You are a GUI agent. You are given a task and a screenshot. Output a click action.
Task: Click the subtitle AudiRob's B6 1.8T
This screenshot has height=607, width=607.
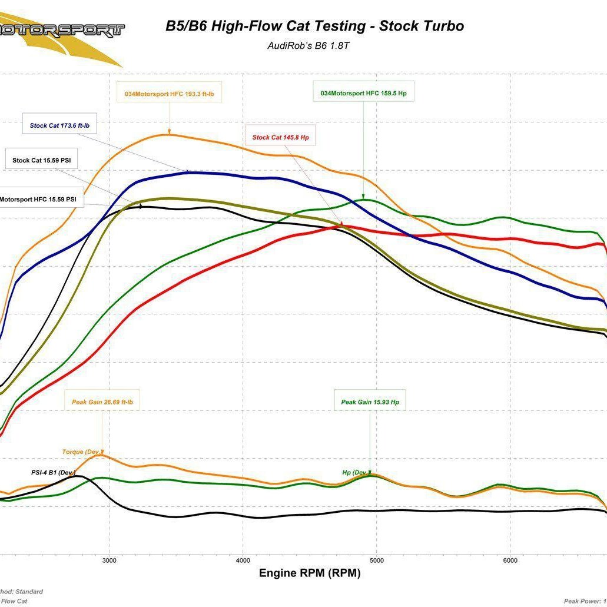[309, 45]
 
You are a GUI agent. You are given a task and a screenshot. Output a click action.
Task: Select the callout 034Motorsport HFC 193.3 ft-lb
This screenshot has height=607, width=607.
[173, 93]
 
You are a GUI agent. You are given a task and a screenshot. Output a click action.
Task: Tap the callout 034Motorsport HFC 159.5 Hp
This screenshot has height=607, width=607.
[363, 93]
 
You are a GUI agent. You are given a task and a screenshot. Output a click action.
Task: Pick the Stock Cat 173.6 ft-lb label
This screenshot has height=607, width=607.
[63, 125]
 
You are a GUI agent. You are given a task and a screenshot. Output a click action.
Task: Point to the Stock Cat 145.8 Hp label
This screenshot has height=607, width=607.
[280, 137]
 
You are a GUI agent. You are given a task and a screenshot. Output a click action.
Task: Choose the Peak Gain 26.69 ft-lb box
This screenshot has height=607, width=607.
[102, 402]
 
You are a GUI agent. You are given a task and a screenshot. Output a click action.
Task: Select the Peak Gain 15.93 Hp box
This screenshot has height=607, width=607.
[370, 402]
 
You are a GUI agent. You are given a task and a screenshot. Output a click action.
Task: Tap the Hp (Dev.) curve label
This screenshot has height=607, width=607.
[356, 472]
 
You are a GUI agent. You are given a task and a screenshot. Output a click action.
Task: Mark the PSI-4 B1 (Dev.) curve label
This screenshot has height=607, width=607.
[53, 472]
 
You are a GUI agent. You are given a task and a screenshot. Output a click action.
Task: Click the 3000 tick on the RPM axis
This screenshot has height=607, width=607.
[109, 560]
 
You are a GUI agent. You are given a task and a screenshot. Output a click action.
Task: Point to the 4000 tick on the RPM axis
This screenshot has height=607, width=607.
[243, 560]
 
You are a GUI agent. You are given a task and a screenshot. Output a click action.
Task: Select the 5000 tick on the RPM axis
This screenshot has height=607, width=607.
[376, 560]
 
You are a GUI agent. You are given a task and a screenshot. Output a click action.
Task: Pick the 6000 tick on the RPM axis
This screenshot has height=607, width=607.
[510, 560]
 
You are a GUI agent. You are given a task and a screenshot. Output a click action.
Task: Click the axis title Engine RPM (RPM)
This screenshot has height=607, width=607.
[309, 573]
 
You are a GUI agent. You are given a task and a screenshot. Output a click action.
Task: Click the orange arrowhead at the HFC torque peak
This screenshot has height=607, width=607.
[169, 132]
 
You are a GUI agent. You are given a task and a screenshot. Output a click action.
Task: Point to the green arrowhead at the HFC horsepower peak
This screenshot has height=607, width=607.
[363, 197]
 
